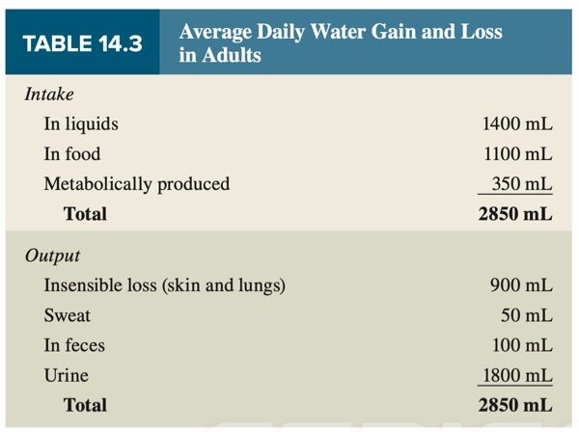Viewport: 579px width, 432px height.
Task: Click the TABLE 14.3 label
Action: pos(81,43)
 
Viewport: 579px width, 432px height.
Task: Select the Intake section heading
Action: pos(49,95)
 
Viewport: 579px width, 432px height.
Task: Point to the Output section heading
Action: pos(54,256)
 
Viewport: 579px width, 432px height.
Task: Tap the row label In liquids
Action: pos(81,124)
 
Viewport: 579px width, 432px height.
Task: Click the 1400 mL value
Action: pos(516,124)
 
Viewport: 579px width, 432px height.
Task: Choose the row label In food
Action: pos(71,154)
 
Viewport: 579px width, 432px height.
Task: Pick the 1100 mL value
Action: pos(516,154)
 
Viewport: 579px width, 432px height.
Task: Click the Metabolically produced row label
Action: pos(136,184)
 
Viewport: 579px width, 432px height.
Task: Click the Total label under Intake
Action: pos(85,214)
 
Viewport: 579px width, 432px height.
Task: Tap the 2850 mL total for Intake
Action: pos(515,214)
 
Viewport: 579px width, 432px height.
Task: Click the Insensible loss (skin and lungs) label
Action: pos(164,285)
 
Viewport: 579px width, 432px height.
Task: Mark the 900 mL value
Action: pos(521,285)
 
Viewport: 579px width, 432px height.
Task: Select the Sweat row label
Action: pos(67,315)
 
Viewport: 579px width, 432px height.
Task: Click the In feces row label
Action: pos(74,345)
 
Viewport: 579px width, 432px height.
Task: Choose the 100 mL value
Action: pos(521,345)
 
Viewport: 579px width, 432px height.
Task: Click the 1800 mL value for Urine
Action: pos(516,375)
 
